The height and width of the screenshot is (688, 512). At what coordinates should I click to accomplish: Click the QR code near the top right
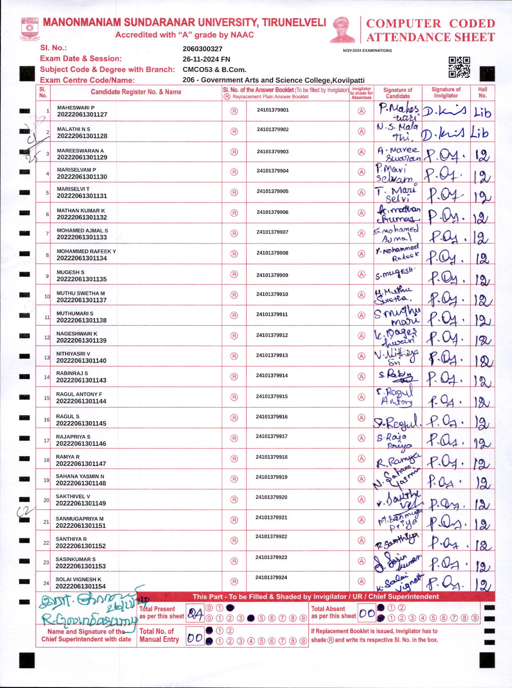459,67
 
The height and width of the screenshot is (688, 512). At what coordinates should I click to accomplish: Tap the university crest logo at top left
30,28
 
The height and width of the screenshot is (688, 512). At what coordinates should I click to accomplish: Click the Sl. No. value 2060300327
202,49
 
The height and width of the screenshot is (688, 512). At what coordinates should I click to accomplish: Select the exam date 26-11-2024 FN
206,59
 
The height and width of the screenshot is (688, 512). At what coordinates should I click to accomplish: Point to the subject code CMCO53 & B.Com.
214,69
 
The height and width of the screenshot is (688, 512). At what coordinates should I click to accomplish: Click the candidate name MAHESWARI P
76,108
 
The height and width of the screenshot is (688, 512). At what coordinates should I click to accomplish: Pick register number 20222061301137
81,300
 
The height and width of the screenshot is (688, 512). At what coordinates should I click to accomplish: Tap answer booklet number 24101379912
272,335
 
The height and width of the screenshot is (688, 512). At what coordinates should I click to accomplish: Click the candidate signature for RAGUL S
397,422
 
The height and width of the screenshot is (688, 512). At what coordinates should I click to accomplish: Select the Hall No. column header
482,92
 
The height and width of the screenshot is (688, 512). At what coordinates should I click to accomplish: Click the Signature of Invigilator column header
446,92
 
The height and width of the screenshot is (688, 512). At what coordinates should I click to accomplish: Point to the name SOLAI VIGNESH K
79,579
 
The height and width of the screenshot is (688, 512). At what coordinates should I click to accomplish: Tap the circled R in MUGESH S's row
234,275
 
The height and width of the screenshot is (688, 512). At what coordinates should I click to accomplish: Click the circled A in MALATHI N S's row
362,131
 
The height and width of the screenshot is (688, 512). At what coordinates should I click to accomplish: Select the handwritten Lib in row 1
482,113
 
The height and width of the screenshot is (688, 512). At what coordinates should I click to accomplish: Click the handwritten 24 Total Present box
195,613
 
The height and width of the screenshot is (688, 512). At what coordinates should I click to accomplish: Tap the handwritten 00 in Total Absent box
367,613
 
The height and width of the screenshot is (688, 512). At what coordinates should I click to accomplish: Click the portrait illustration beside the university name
343,29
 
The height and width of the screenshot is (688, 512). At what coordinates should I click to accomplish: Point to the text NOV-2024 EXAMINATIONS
367,50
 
